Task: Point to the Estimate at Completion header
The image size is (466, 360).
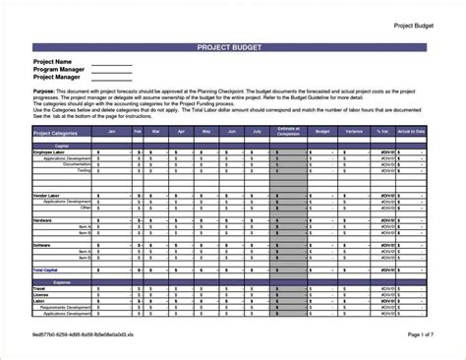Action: click(x=287, y=131)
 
